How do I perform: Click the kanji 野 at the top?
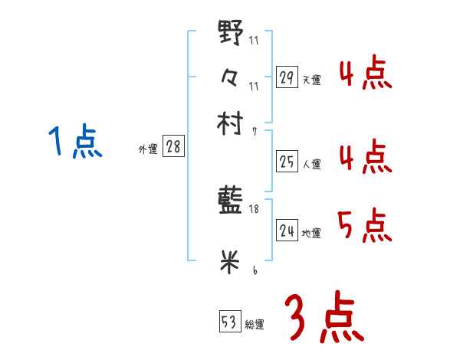pos(231,34)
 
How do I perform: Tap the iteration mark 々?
pos(231,77)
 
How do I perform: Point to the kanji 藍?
pos(231,201)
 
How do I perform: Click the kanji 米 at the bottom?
pos(231,261)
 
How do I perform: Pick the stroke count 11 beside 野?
pos(255,41)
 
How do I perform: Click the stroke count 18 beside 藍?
pos(255,209)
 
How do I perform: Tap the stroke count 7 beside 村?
pos(255,132)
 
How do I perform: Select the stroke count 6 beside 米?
pos(255,270)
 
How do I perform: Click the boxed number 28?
pos(173,146)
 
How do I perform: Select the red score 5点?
pos(364,226)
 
